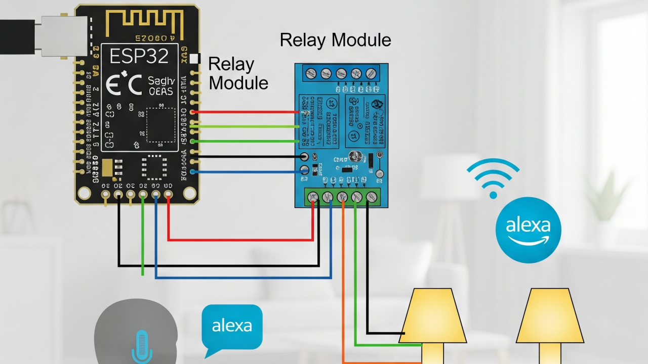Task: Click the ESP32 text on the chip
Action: (x=139, y=56)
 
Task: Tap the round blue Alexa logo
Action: (x=528, y=230)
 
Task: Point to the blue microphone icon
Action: (x=142, y=347)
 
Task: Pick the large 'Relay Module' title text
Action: (x=335, y=40)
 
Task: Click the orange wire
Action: (x=343, y=283)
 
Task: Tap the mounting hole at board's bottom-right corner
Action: (x=189, y=193)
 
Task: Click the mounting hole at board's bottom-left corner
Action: (x=84, y=193)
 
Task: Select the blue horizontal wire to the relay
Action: (x=248, y=172)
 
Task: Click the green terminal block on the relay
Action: (x=342, y=197)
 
